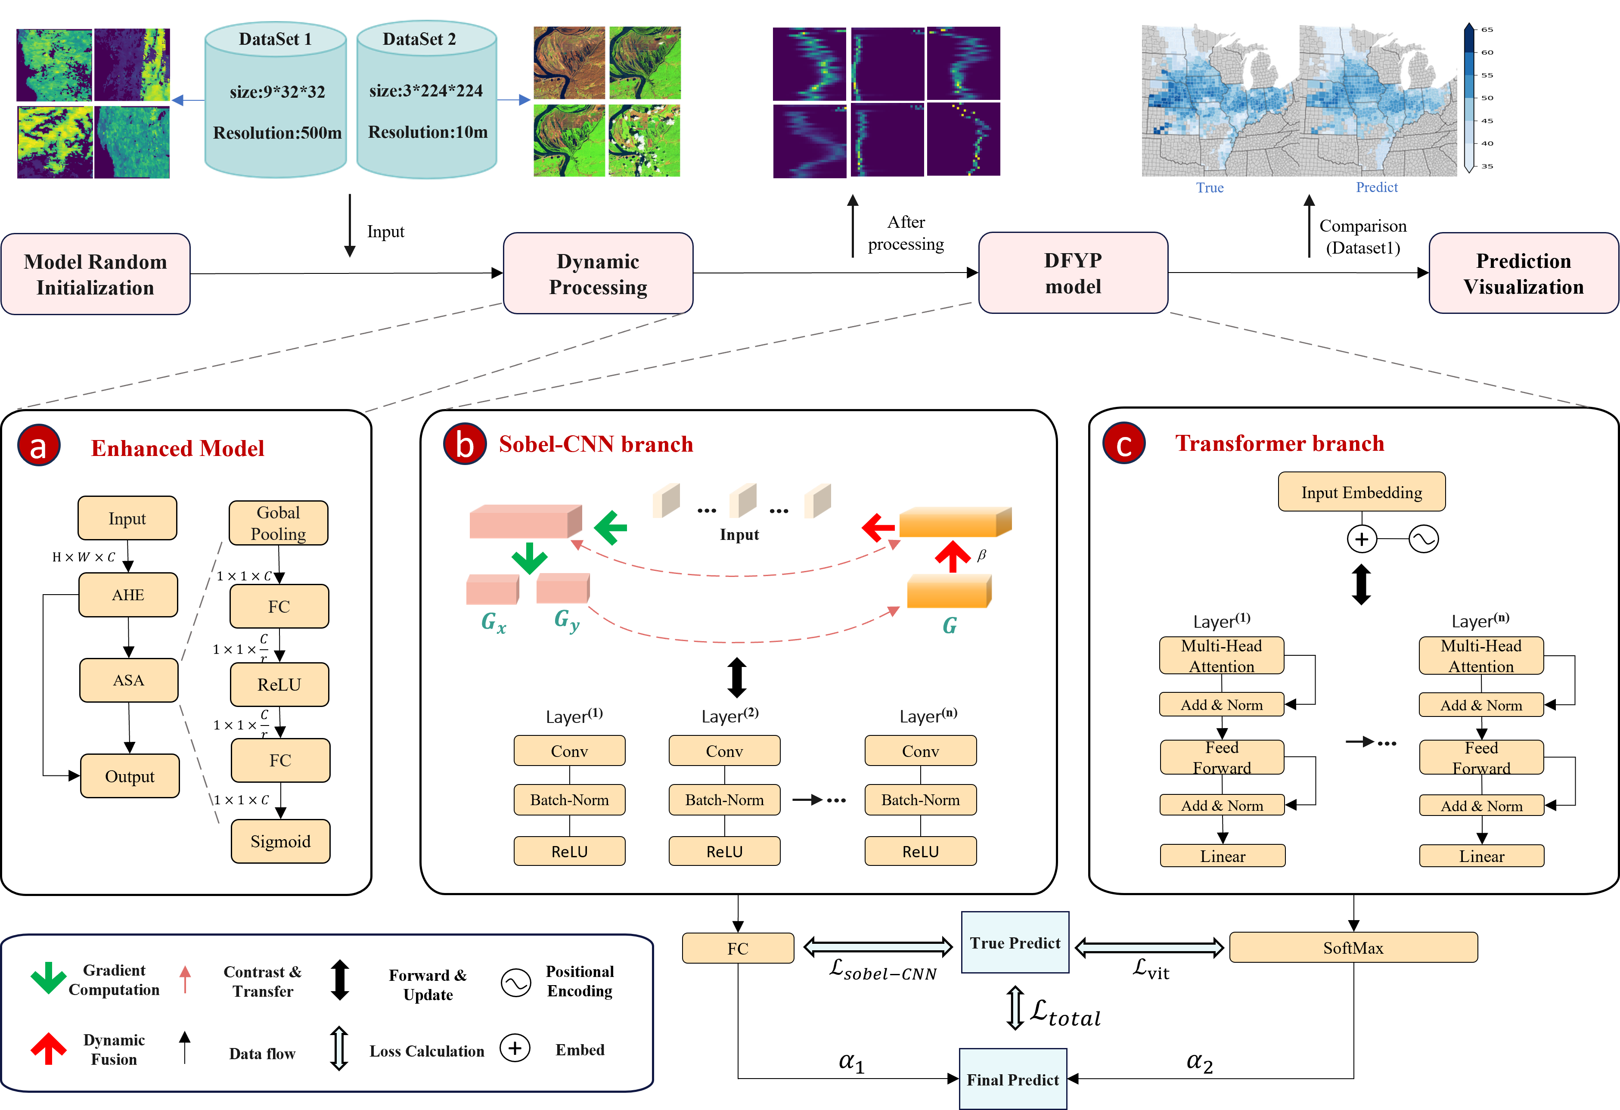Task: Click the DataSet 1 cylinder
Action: (276, 101)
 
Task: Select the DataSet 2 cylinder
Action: (427, 101)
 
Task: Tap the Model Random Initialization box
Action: (96, 274)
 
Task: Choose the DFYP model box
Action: (1073, 273)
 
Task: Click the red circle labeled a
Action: (38, 446)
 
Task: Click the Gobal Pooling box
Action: (278, 523)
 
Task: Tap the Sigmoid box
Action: (280, 841)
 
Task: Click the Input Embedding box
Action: (1361, 492)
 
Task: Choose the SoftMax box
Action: (1353, 948)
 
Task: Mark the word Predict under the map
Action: (1377, 187)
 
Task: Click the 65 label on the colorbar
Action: (1487, 29)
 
